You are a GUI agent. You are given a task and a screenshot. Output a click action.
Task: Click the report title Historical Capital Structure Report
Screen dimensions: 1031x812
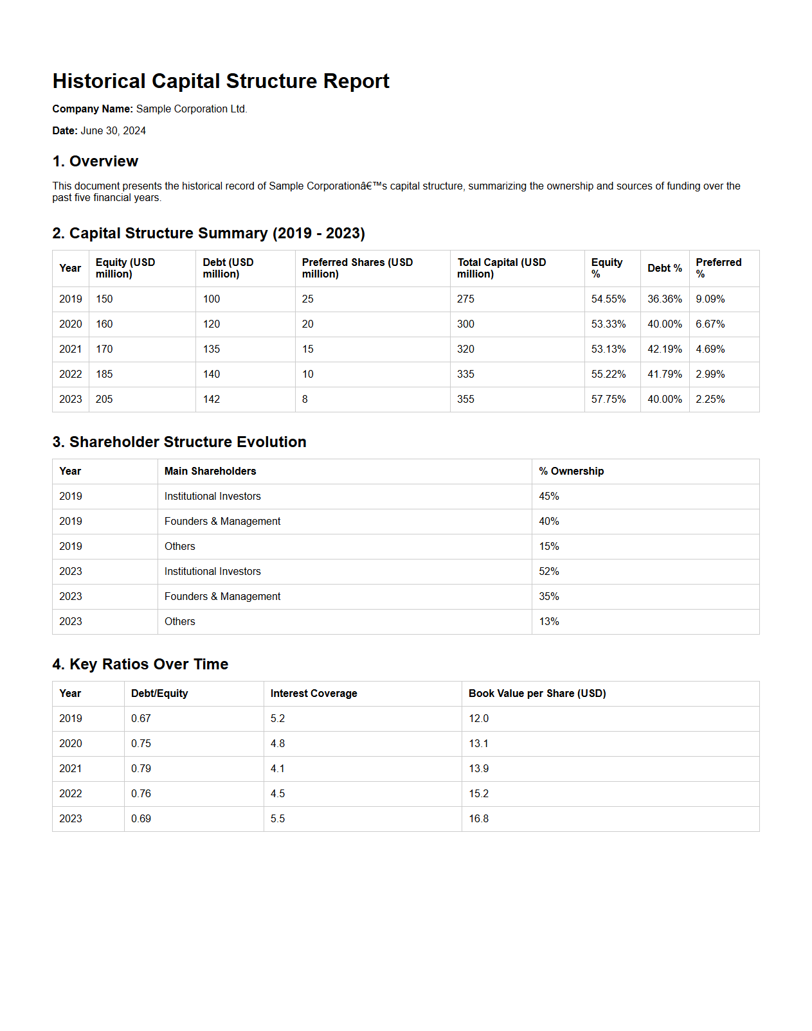click(x=221, y=82)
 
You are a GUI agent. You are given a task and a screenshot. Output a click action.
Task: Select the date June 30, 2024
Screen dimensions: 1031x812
click(x=113, y=131)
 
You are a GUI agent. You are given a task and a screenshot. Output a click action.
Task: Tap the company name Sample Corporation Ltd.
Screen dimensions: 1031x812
click(x=192, y=109)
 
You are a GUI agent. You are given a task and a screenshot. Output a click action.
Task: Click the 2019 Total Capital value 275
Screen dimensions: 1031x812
click(x=465, y=299)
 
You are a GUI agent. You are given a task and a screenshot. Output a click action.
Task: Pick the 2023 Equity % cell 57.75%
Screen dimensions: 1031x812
click(x=608, y=400)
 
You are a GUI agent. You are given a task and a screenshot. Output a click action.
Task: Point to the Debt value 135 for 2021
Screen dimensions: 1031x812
click(x=212, y=349)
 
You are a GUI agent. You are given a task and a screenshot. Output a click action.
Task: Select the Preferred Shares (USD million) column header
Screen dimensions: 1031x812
click(x=357, y=269)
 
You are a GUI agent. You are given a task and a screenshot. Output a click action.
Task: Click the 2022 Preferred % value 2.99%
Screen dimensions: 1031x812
click(x=710, y=375)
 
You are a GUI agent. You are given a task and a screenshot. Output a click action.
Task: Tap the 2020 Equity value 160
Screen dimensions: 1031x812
click(x=104, y=324)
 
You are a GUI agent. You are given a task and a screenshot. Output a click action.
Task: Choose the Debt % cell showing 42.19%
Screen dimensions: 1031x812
click(x=664, y=349)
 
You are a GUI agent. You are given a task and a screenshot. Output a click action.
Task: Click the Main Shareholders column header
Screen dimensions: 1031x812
click(x=210, y=471)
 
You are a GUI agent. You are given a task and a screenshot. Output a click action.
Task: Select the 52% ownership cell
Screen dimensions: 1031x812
click(x=549, y=572)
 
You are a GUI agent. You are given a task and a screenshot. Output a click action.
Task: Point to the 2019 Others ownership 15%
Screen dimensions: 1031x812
click(x=549, y=547)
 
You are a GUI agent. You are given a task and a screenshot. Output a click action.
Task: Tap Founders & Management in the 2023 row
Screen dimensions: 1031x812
click(x=222, y=597)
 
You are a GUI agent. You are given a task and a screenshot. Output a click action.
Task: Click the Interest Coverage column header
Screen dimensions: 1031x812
click(x=314, y=694)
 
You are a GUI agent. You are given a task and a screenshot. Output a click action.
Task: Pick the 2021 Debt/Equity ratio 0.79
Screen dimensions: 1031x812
click(x=141, y=769)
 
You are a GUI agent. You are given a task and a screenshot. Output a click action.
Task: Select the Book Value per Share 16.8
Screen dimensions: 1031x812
click(x=478, y=819)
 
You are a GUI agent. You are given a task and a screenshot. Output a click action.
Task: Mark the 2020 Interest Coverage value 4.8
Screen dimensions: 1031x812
click(x=278, y=744)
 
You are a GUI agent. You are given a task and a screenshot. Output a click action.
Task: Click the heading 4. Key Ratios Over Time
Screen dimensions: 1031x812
click(x=140, y=664)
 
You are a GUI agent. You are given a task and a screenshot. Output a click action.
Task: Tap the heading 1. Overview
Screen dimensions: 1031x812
click(x=95, y=161)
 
